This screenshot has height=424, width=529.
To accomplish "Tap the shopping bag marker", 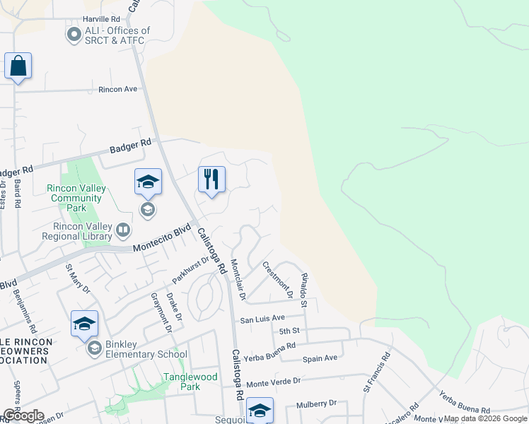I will pos(18,66).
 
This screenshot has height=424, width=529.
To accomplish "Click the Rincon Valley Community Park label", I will pos(76,198).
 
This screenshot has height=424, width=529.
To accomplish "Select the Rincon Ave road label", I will pos(117,90).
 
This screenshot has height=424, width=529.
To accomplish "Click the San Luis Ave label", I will pos(262,319).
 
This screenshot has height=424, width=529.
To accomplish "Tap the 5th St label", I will pos(290,331).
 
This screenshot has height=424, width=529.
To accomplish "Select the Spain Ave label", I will pos(320,358).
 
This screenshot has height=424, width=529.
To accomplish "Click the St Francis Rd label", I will pos(377,373).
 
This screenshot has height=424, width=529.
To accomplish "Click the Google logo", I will pos(24,416).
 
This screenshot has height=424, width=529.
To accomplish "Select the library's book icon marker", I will pos(123,230).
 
